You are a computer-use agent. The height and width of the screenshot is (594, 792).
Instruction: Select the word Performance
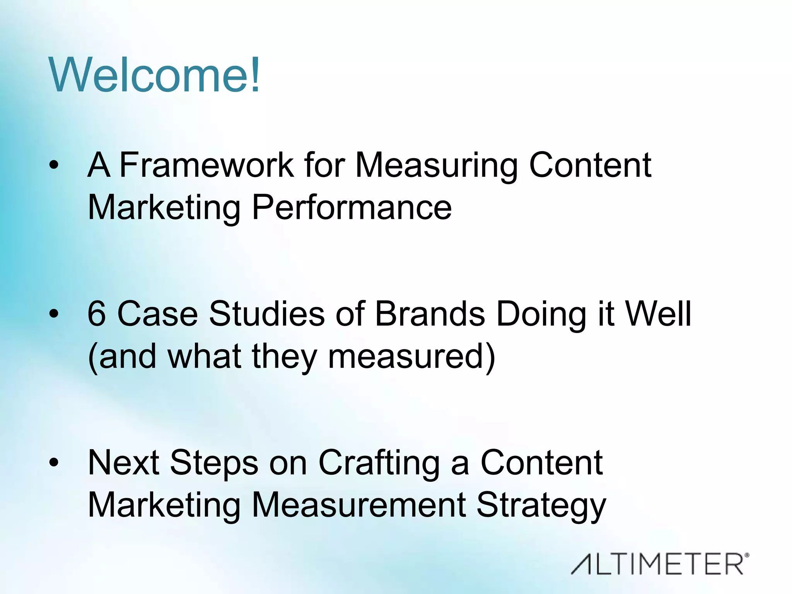point(352,208)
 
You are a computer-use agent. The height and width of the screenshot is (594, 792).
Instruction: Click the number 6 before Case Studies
point(97,314)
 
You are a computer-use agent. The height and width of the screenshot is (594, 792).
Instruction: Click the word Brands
point(430,314)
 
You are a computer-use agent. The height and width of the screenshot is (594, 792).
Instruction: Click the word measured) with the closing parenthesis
point(411,357)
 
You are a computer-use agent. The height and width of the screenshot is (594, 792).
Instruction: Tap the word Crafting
point(379,463)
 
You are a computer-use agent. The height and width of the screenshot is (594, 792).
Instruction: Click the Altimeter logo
point(660,564)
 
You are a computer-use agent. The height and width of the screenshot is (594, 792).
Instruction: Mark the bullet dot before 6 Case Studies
point(54,314)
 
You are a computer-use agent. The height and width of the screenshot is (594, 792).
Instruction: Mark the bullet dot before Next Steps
point(54,463)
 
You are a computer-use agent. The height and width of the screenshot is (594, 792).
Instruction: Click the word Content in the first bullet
point(590,165)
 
